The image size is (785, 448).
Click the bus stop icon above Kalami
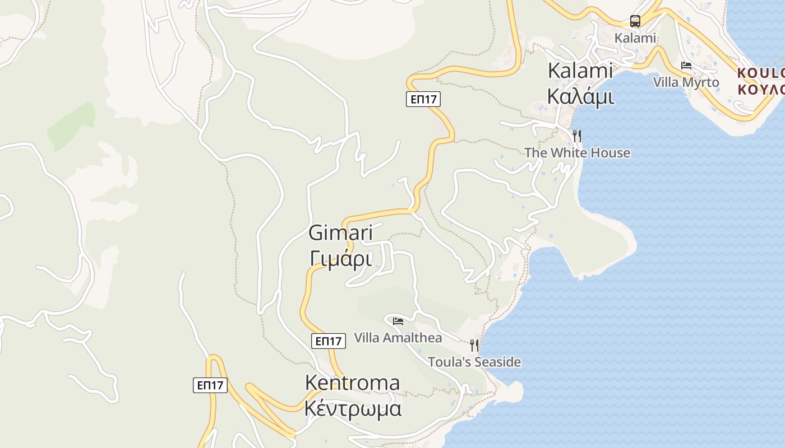coord(635,21)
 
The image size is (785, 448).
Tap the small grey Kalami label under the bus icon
coord(635,38)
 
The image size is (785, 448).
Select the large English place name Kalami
coord(580,71)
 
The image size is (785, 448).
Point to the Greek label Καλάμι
coord(580,96)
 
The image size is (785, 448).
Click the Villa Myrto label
coord(685,82)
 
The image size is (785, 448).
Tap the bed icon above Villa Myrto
coord(686,66)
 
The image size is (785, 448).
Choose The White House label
coord(577,153)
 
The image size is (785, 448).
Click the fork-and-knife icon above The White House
coord(576,136)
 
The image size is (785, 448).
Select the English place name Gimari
coord(340,233)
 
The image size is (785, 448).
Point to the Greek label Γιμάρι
coord(340,259)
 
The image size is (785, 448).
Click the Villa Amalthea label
coord(398,338)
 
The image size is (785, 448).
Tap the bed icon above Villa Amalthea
coord(398,321)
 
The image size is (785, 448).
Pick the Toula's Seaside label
coord(474,362)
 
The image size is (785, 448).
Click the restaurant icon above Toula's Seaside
coord(474,345)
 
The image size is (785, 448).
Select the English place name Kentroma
coord(352,383)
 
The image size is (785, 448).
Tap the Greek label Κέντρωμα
coord(353,409)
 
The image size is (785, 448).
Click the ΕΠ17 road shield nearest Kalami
coord(423,99)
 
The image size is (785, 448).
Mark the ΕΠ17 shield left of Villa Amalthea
coord(328,340)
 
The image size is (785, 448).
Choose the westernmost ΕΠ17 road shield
coord(210,385)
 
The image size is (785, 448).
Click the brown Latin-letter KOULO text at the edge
coord(760,73)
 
